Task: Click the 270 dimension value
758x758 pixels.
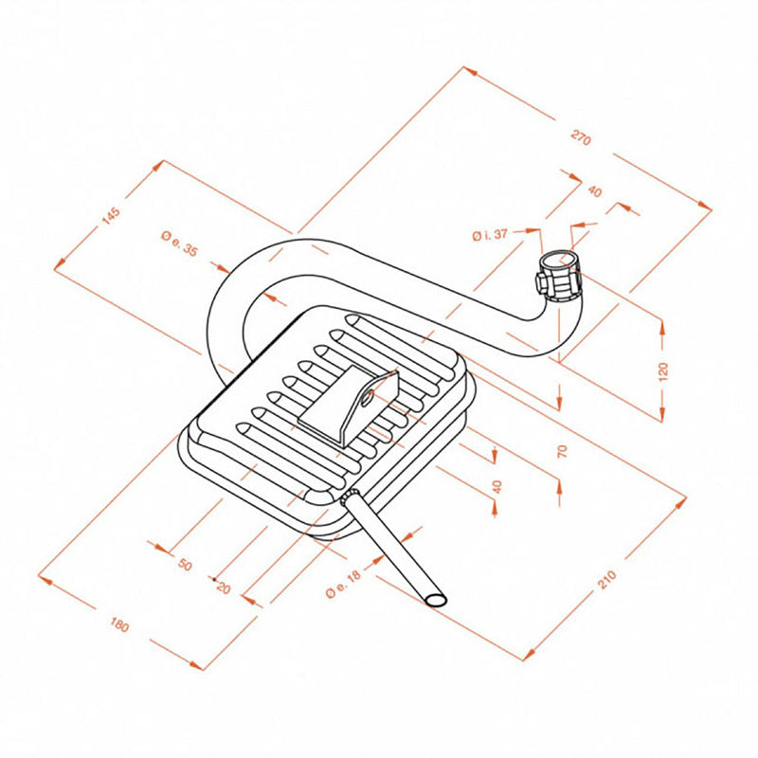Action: [581, 139]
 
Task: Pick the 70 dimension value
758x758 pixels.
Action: [562, 451]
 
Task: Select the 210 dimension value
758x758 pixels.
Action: [607, 578]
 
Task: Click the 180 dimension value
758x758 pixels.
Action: [119, 625]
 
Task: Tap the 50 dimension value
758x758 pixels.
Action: [185, 566]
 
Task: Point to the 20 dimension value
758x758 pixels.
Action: [224, 587]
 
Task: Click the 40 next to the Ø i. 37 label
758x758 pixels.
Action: [594, 190]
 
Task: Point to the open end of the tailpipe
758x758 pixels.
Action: [436, 600]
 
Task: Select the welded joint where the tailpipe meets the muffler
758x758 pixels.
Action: [348, 497]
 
